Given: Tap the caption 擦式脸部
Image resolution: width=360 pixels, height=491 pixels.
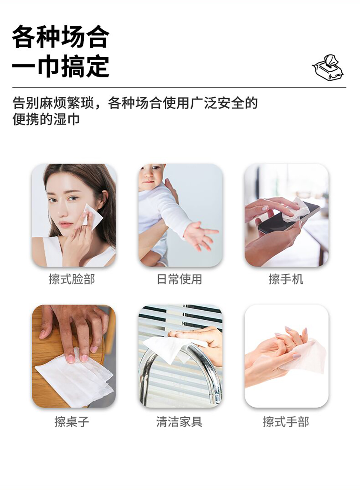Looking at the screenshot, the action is pos(72,279).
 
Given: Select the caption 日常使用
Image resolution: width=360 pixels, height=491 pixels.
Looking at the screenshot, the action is pos(180,279).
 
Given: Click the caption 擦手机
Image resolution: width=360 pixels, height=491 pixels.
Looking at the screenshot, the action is pos(286,279).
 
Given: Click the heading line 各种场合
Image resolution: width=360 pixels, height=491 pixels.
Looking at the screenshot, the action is pos(61,36).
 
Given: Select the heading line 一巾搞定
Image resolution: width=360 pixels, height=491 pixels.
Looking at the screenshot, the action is pos(61,66).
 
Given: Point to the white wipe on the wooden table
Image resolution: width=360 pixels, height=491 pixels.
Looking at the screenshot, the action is pos(74,380).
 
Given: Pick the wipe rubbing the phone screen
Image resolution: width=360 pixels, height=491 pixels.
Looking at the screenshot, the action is pos(296,209).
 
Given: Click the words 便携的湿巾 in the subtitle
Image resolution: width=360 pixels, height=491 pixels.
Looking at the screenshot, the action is pos(46,119).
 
